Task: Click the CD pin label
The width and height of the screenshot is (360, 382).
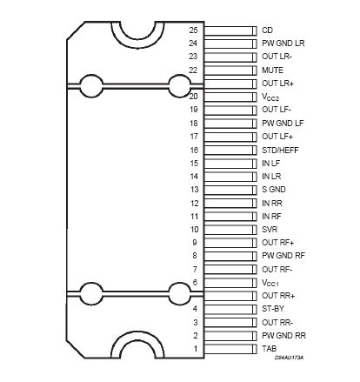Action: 267,29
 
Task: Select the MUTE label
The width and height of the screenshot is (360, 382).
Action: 273,69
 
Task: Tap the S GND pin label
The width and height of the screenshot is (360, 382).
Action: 274,189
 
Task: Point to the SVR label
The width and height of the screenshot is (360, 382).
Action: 270,229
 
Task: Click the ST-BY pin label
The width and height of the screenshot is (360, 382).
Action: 273,309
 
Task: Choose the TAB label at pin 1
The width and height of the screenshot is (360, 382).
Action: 270,349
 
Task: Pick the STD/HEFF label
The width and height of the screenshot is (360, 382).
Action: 281,149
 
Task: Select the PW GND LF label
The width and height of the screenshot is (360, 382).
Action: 282,123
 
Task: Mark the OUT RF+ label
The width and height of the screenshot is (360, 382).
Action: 278,242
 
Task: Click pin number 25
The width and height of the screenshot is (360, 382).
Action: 194,29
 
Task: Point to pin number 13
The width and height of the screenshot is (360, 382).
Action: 194,189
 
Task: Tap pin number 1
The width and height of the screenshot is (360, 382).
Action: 196,349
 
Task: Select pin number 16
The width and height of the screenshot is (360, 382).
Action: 194,149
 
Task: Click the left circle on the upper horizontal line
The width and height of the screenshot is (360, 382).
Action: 90,85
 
